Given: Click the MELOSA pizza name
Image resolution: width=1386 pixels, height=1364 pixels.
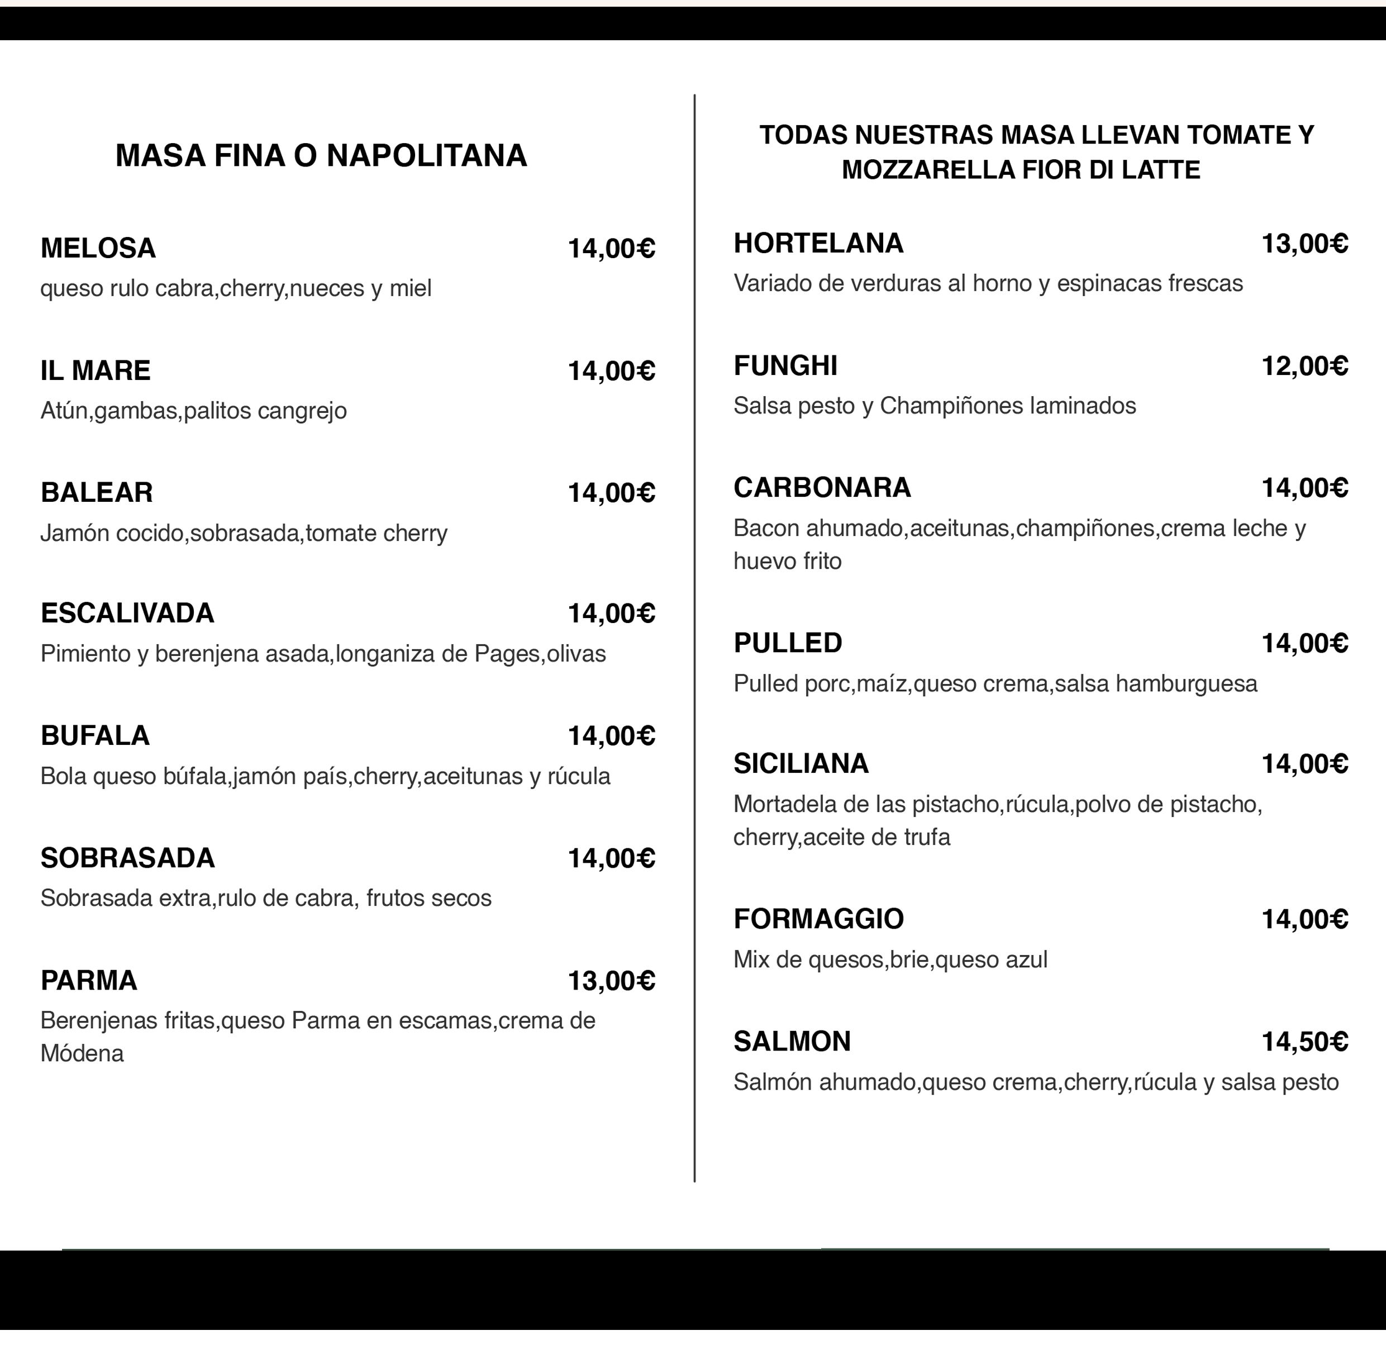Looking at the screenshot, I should tap(98, 249).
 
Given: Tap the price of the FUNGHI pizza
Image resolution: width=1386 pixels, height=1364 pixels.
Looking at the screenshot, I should tap(1304, 366).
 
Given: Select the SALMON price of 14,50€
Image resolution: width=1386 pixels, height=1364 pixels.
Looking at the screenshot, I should tap(1304, 1042).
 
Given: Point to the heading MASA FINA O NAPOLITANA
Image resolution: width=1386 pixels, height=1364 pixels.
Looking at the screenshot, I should tap(321, 155).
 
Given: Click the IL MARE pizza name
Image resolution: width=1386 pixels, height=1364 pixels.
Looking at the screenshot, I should tap(96, 371).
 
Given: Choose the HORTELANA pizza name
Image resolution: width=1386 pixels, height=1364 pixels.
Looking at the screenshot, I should tap(818, 244).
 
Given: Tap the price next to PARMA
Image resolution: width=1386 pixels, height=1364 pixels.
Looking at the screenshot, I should tap(611, 981).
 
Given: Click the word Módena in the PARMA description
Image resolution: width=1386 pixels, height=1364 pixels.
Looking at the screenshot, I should tap(82, 1053).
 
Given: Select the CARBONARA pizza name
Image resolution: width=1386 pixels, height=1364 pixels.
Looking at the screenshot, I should tap(822, 488).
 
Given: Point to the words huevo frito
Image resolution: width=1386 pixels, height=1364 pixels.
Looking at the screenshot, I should tap(787, 561).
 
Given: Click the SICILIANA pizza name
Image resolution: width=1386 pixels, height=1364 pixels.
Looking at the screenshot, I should tap(801, 764).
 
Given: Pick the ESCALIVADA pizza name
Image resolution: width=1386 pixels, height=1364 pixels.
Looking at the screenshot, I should tap(127, 613).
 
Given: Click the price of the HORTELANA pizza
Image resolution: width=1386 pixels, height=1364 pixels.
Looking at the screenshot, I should tap(1304, 244).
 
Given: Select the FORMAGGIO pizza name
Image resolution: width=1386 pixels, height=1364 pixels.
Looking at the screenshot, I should tap(818, 919).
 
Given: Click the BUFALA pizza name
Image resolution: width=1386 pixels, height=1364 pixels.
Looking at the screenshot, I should tap(94, 736).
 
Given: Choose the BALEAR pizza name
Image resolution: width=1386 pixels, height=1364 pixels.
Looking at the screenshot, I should tap(97, 493).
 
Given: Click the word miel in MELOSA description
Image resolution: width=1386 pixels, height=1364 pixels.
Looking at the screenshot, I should tap(411, 289).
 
